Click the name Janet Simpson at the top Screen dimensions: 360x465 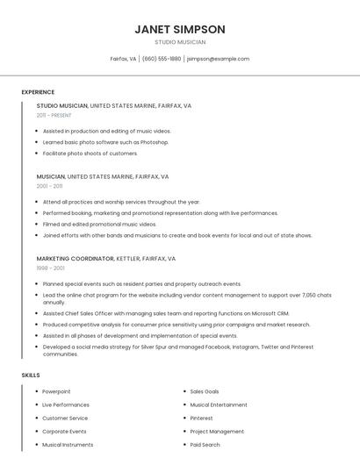[x=180, y=29]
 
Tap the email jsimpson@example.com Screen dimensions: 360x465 [x=218, y=59]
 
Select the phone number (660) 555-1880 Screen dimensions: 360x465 [x=162, y=59]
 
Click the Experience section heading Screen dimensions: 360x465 [x=38, y=92]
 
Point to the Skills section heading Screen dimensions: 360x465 [x=31, y=375]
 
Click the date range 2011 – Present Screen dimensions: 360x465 [x=54, y=115]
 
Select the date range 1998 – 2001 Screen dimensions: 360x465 [x=50, y=268]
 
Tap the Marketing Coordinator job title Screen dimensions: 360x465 [x=75, y=259]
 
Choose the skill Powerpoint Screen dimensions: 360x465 [x=56, y=391]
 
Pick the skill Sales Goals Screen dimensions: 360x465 [x=205, y=391]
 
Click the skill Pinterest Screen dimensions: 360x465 [x=201, y=418]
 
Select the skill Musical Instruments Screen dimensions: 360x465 [x=68, y=445]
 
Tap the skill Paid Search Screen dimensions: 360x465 [x=205, y=445]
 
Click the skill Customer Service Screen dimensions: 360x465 [x=66, y=418]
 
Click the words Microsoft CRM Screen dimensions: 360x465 [x=270, y=313]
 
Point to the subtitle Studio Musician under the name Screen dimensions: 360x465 [x=180, y=42]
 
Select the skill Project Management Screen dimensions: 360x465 [x=217, y=432]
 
